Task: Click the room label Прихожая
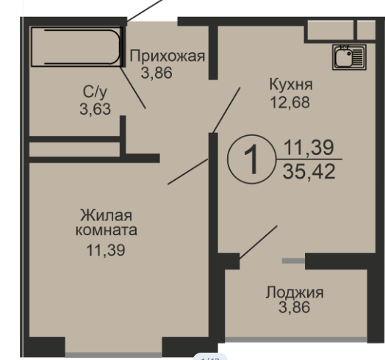coord(166,57)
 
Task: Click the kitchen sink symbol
coord(344,56)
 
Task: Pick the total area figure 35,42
coord(309,173)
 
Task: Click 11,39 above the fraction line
coord(309,148)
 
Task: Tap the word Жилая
coord(107,215)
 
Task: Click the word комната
coord(107,229)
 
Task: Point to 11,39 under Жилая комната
coord(107,250)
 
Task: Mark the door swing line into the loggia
coord(258,242)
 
